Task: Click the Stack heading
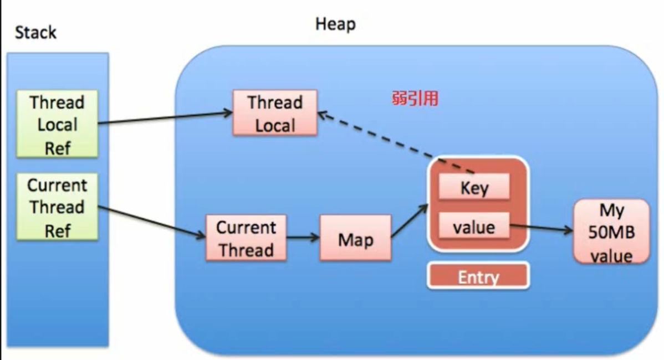pos(35,32)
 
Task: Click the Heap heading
pos(335,24)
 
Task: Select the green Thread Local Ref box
pos(57,125)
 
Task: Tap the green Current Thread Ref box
pos(57,207)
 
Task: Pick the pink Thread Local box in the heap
pos(275,113)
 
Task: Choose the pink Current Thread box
pos(246,238)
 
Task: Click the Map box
pos(355,239)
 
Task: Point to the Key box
pos(474,188)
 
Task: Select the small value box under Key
pos(474,226)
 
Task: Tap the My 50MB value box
pos(611,232)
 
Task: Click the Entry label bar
pos(478,276)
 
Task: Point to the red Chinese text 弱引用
pos(415,99)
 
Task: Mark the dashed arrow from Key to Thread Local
pos(396,142)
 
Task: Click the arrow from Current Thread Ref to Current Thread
pos(152,222)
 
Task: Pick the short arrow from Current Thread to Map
pos(303,238)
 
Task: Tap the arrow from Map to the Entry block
pos(410,221)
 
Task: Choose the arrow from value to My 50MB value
pos(540,228)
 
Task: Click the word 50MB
pos(611,233)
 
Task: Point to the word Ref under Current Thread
pos(57,230)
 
